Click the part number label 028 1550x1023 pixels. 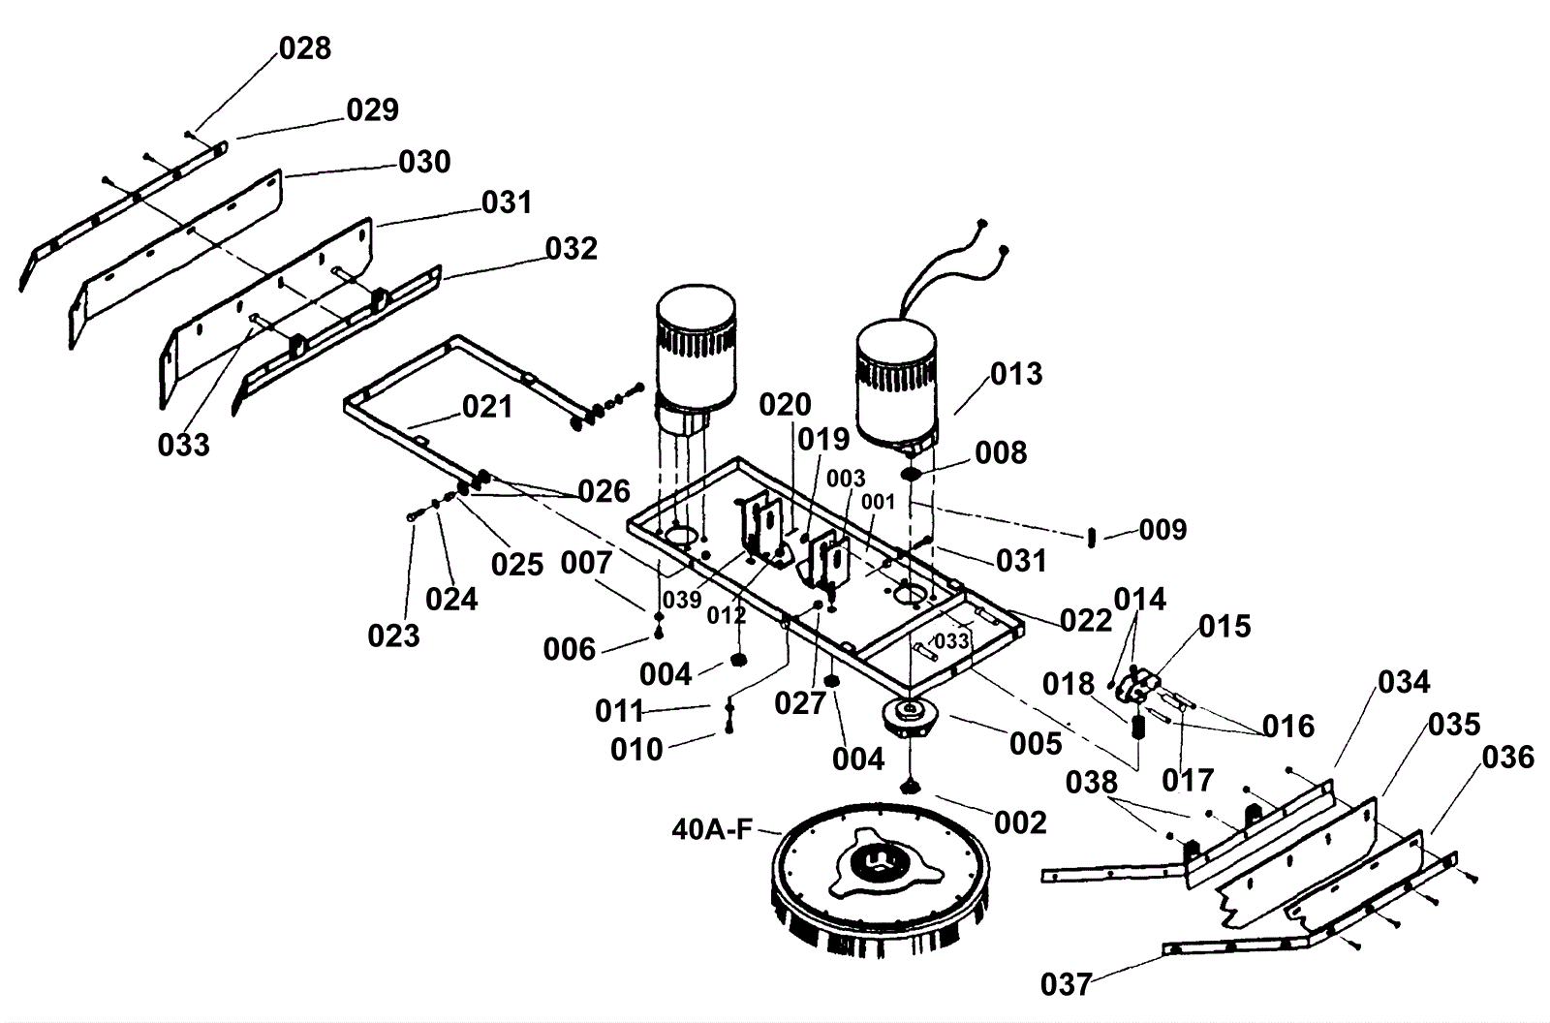coord(305,48)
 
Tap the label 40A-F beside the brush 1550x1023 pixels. coord(712,829)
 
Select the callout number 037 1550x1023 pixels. coord(1067,984)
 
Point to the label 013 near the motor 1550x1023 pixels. coord(1016,374)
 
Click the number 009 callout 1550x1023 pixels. coord(1163,530)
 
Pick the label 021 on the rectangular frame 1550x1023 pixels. coord(488,407)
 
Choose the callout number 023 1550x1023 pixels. coord(393,635)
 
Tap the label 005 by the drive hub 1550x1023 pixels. coord(1036,744)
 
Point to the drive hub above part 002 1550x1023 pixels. coord(909,720)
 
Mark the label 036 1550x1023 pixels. coord(1507,758)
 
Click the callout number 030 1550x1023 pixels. coord(425,162)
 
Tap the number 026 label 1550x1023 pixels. coord(604,491)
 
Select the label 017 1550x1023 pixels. coord(1188,781)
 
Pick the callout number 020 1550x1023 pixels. coord(786,405)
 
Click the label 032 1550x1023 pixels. coord(572,248)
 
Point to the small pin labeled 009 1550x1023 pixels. coord(1092,537)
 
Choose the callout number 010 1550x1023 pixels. coord(636,750)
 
